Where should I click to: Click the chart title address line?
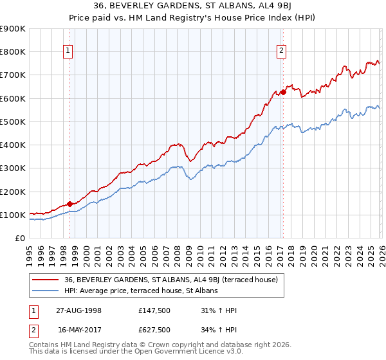192,7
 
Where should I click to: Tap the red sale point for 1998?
69,204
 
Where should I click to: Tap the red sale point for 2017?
282,92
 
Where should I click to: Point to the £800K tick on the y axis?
13,52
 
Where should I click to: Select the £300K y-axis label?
13,168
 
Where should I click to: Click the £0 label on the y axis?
19,239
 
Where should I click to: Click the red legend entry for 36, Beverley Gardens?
170,280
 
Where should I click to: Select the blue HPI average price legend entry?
141,291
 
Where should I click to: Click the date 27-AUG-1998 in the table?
78,310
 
